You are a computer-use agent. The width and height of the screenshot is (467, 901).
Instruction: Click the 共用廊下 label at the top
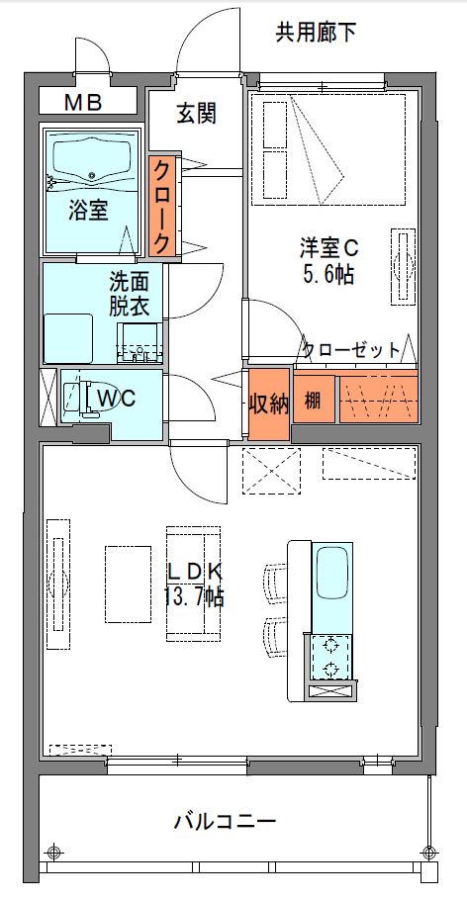(x=316, y=34)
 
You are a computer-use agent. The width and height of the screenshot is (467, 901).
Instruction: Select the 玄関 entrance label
(x=196, y=114)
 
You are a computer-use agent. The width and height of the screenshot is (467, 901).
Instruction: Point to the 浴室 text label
(x=88, y=210)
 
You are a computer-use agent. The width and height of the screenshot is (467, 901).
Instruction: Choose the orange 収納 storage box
(x=268, y=405)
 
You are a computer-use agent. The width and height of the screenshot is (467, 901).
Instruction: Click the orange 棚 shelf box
(x=313, y=401)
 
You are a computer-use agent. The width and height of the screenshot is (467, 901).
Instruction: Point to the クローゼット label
(x=351, y=349)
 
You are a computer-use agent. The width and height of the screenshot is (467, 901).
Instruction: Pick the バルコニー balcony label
(x=224, y=821)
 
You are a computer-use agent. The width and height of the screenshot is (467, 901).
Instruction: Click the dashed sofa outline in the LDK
(x=193, y=583)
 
